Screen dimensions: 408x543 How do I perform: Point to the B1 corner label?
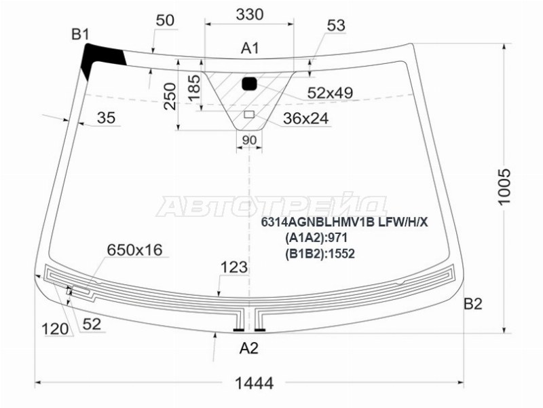click(x=81, y=34)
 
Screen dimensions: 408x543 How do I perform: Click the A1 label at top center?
click(x=250, y=48)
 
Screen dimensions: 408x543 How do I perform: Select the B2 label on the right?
click(x=472, y=304)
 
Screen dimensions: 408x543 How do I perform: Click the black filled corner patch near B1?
click(x=99, y=58)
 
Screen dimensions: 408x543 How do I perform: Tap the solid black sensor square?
click(x=250, y=84)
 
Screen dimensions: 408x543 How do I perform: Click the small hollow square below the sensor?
click(x=249, y=114)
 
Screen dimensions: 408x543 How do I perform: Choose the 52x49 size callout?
click(x=330, y=92)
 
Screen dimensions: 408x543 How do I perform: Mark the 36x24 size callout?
click(x=305, y=118)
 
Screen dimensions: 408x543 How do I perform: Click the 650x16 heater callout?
click(x=134, y=250)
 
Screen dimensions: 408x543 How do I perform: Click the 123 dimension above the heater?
click(x=234, y=268)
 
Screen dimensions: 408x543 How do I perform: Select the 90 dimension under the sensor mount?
click(x=249, y=141)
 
